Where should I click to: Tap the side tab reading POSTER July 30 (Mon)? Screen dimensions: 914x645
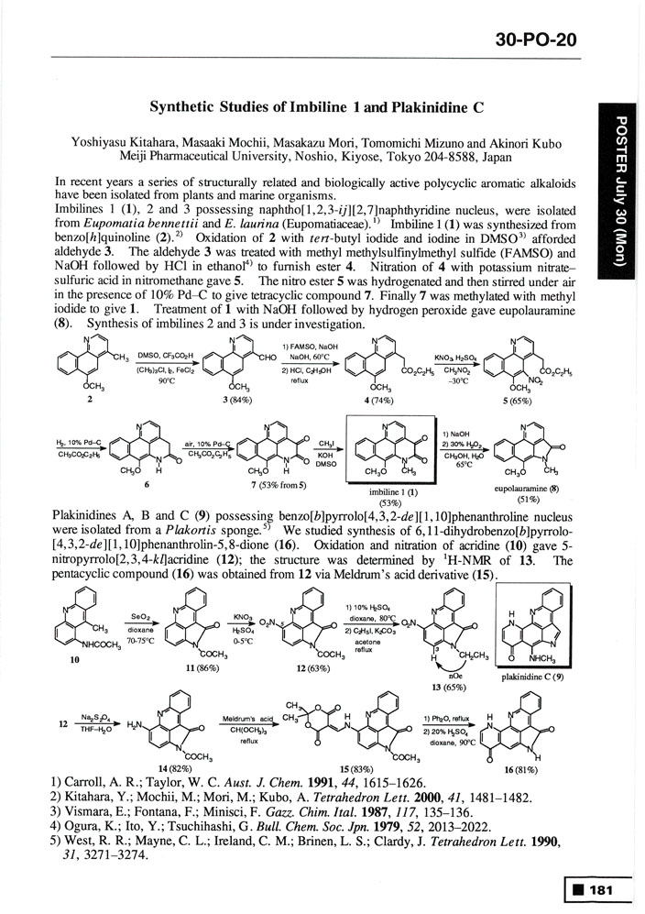coord(621,192)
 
